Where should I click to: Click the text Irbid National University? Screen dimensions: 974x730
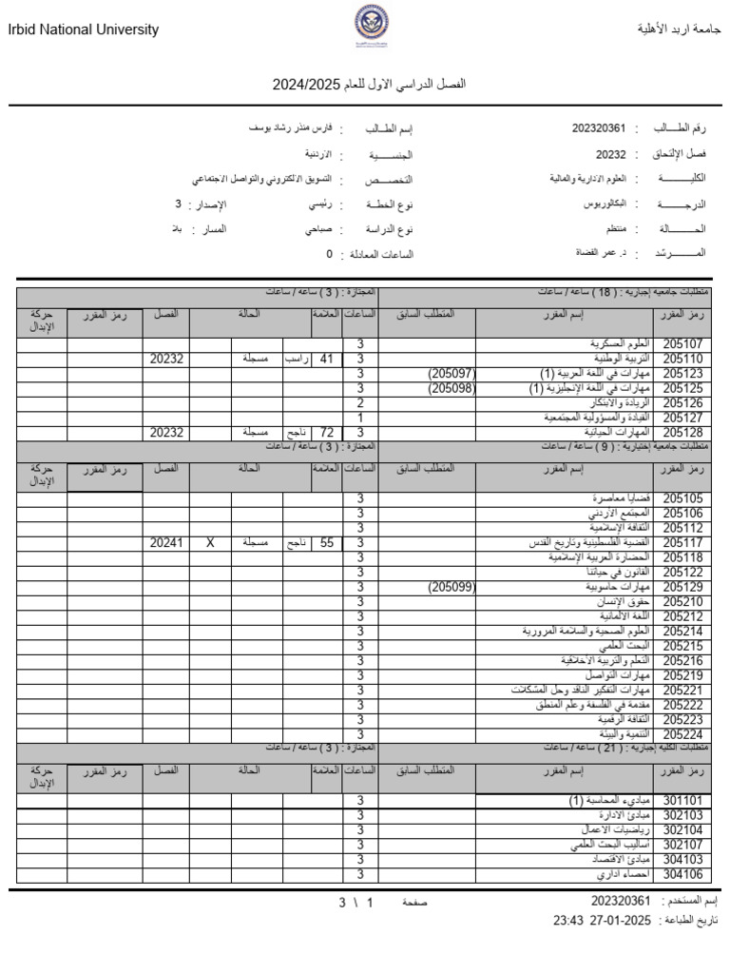(x=84, y=30)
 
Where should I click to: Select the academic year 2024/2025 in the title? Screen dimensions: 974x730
(x=298, y=85)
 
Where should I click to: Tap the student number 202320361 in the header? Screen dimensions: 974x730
(x=599, y=127)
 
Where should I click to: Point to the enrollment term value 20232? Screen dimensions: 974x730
(x=611, y=153)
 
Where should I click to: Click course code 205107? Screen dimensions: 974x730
(x=682, y=344)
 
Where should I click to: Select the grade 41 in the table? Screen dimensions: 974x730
(x=327, y=360)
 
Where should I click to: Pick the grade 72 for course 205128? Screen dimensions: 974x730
(x=327, y=433)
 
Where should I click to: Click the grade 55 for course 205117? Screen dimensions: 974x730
(x=327, y=543)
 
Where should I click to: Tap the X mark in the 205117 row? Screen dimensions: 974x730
(x=210, y=543)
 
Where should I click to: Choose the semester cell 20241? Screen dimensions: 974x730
(x=166, y=543)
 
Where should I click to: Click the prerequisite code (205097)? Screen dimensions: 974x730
(x=451, y=374)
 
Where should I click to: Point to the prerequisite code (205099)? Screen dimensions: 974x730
(x=451, y=588)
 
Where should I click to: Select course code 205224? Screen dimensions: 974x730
(x=682, y=734)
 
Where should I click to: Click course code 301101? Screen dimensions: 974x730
(x=682, y=801)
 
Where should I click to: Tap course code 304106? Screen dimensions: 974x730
(x=682, y=874)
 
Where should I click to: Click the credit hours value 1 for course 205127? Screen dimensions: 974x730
(x=360, y=418)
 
